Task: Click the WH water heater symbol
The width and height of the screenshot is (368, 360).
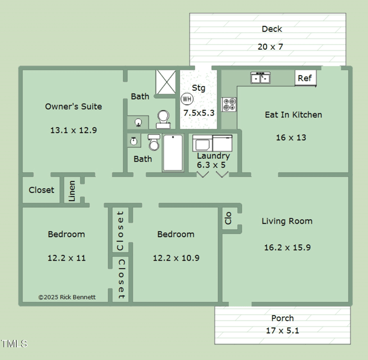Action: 187,99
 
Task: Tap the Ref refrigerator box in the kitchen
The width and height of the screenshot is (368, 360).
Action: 305,78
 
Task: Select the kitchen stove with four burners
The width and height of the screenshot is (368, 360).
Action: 229,105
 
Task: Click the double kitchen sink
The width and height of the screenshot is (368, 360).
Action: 260,78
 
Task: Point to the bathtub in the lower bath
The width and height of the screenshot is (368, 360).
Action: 172,153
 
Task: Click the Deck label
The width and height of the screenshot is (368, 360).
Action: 272,29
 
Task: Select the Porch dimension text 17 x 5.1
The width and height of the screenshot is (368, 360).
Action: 282,330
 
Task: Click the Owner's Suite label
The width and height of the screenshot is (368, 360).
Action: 74,106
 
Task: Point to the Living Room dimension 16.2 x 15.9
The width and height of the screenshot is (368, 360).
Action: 287,247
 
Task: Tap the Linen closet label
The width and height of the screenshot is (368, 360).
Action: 72,191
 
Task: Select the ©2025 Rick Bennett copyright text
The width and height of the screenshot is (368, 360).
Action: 67,297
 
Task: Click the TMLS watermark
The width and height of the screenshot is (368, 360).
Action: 14,343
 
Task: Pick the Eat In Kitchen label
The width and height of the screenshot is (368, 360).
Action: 293,115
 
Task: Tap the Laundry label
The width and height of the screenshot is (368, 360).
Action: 213,156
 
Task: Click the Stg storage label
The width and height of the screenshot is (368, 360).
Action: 198,88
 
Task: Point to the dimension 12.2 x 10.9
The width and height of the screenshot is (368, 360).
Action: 176,258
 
